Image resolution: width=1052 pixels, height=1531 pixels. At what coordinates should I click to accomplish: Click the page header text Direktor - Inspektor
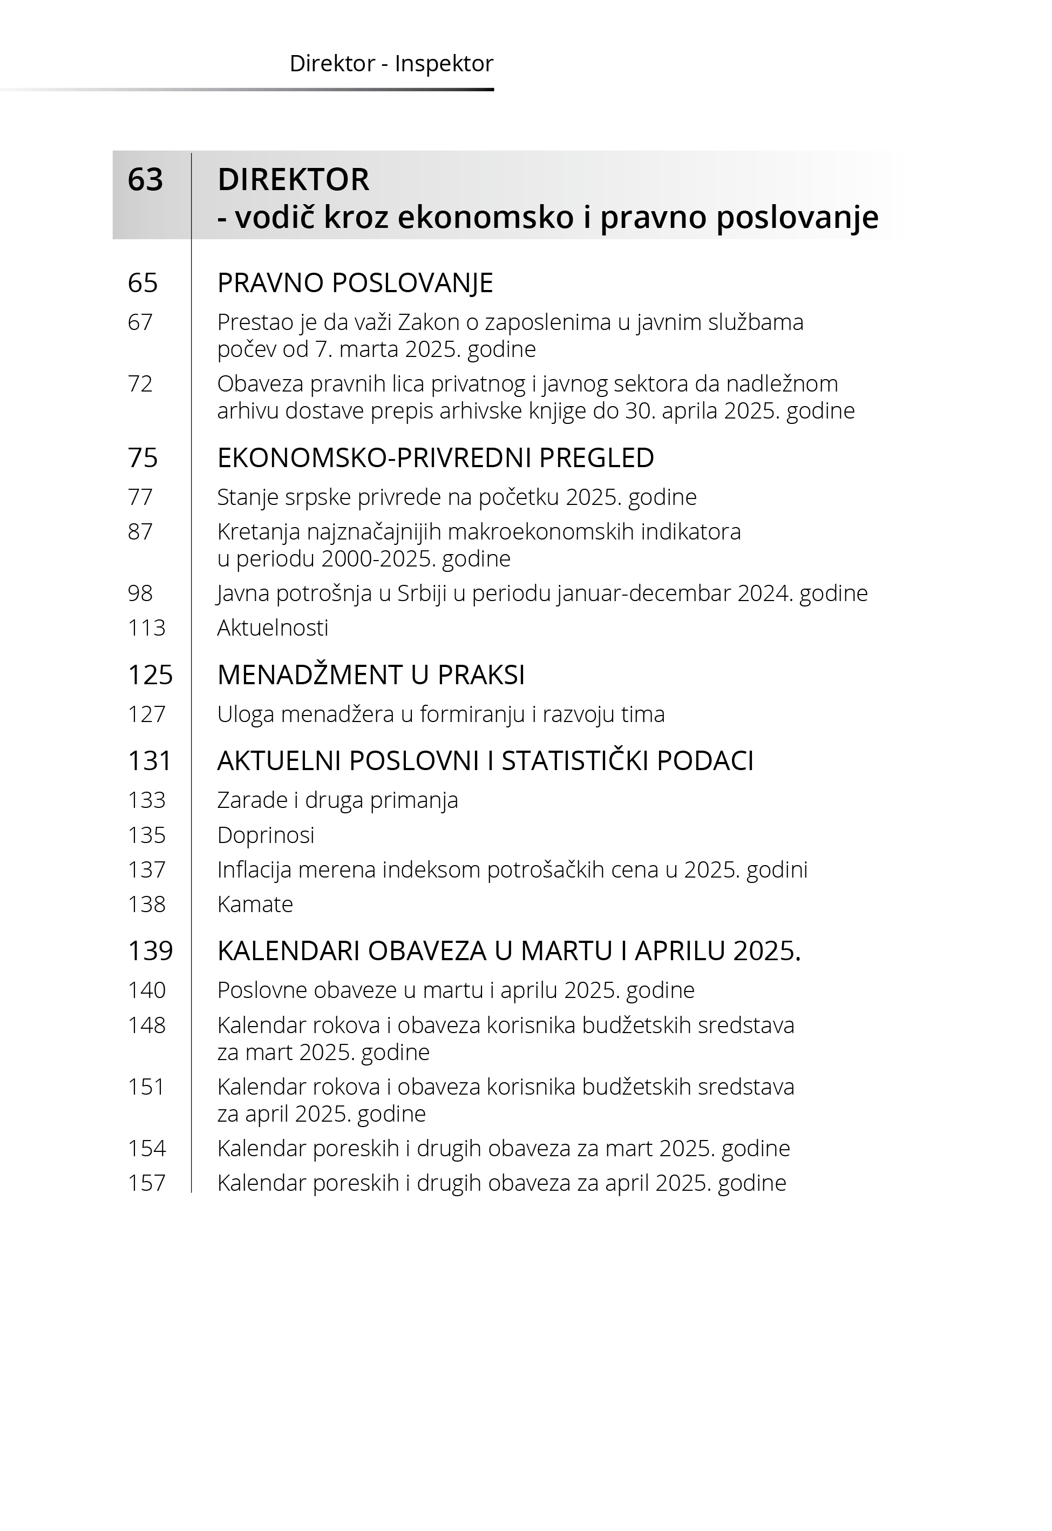coord(391,64)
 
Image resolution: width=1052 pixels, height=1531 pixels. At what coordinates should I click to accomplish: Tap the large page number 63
coord(145,179)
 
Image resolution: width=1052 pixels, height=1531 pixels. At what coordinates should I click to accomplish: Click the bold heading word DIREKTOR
coord(293,179)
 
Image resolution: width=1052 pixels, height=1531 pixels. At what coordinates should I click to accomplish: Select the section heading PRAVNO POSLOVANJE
coord(355,283)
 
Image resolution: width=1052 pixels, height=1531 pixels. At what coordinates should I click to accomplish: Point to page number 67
coord(140,322)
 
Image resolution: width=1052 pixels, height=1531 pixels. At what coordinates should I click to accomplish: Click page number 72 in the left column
coord(140,384)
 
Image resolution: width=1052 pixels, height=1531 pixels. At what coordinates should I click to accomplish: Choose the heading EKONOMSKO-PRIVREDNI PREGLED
coord(435,457)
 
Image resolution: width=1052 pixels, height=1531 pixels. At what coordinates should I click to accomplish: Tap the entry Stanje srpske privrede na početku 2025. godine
coord(457,497)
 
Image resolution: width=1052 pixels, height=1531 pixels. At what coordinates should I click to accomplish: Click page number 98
coord(140,593)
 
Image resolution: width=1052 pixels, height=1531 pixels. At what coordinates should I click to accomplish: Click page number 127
coord(146,714)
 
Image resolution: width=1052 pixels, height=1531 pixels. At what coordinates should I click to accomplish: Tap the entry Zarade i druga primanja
coord(337,800)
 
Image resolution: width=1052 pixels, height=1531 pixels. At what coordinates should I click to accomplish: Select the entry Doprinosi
coord(266,835)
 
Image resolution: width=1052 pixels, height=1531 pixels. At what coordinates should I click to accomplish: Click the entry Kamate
coord(255,904)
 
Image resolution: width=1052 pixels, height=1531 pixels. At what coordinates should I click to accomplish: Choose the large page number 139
coord(150,951)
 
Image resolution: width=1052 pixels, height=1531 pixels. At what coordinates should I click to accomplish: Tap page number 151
coord(146,1087)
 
